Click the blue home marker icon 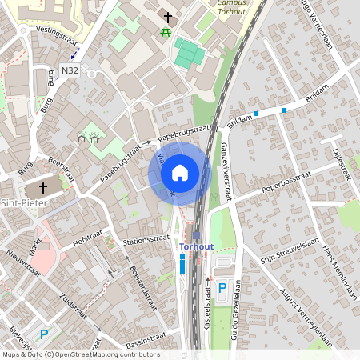pyautogui.click(x=180, y=172)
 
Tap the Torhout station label pyautogui.click(x=196, y=246)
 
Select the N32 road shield pyautogui.click(x=69, y=70)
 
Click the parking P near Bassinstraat pyautogui.click(x=44, y=334)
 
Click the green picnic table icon pyautogui.click(x=165, y=32)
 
